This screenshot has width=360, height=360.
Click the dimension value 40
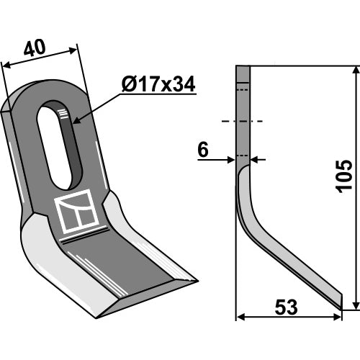pyautogui.click(x=35, y=48)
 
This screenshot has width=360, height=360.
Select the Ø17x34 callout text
pyautogui.click(x=158, y=84)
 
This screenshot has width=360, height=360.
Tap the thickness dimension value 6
pyautogui.click(x=203, y=150)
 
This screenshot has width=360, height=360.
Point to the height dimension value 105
pyautogui.click(x=345, y=176)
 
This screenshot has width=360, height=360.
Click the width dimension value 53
pyautogui.click(x=286, y=307)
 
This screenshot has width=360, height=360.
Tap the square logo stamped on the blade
pyautogui.click(x=76, y=211)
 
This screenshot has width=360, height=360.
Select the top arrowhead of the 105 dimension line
pyautogui.click(x=356, y=70)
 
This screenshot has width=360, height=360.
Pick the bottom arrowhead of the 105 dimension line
pyautogui.click(x=356, y=305)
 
